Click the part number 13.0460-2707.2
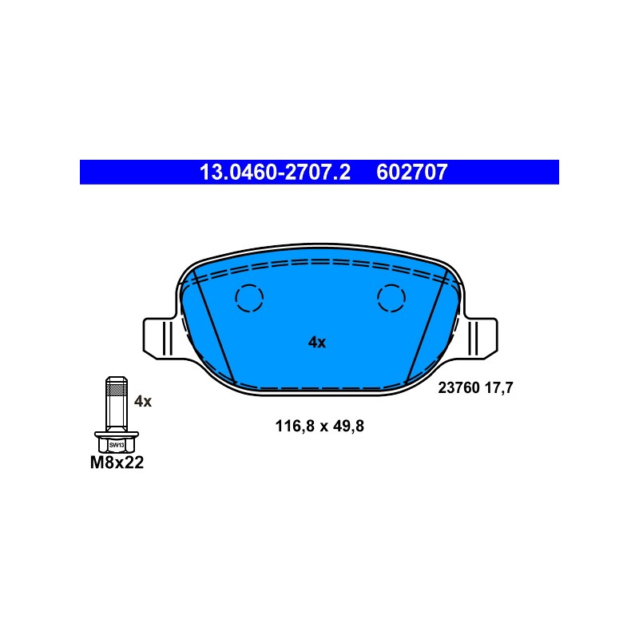[275, 172]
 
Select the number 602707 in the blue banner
[411, 172]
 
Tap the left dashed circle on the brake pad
[249, 298]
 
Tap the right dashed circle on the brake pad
[391, 298]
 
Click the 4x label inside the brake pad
[317, 343]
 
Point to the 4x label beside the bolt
[143, 401]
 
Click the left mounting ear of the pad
[160, 338]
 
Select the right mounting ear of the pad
[481, 338]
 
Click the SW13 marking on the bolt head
[117, 445]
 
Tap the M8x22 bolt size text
[117, 462]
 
